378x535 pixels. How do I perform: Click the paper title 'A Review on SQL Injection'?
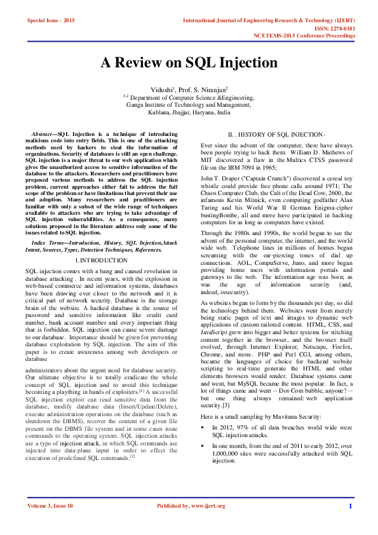coord(189,64)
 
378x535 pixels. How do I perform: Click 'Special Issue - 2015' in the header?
coord(51,21)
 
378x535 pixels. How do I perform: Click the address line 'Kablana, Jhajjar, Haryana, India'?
coord(189,111)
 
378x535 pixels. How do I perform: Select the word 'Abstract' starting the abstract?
coord(43,135)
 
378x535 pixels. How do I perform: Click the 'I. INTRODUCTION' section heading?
coord(102,261)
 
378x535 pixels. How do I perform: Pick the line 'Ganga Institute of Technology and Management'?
coord(189,105)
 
